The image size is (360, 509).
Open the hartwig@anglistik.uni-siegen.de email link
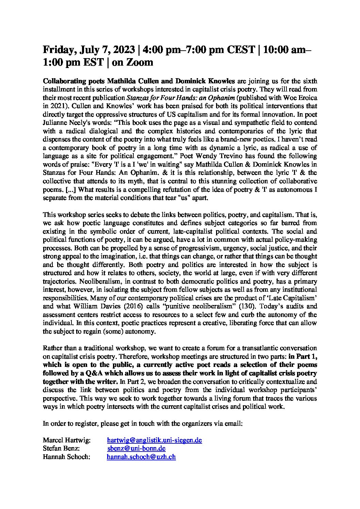[x=154, y=440]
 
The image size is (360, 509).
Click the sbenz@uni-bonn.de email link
[x=136, y=448]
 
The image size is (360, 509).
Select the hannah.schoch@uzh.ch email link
[x=141, y=457]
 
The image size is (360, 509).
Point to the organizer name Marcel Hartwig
[x=66, y=440]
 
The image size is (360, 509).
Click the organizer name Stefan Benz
[x=61, y=448]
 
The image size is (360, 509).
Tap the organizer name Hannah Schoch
[x=66, y=457]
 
